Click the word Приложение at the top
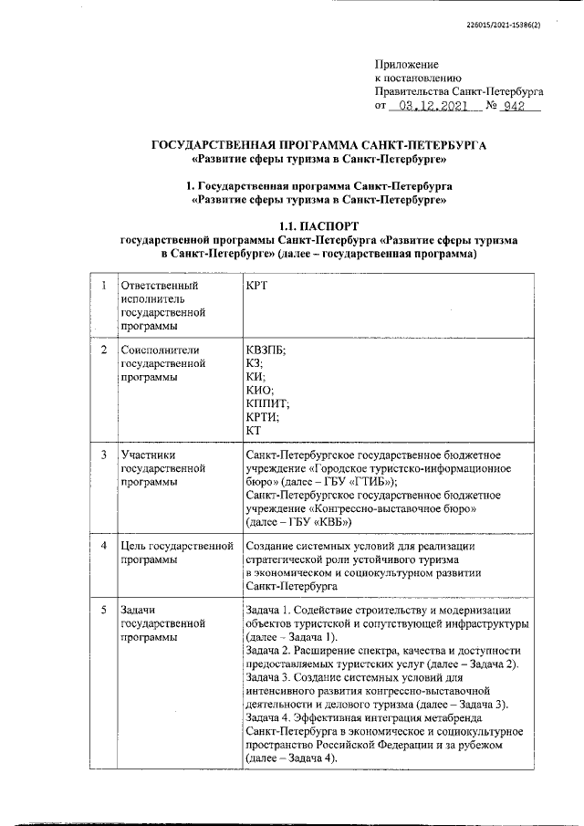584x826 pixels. tap(406, 65)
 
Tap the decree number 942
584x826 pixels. tap(517, 107)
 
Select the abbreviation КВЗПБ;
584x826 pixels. tap(266, 350)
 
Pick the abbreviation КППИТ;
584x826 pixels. tap(267, 403)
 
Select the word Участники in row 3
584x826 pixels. tap(148, 455)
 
